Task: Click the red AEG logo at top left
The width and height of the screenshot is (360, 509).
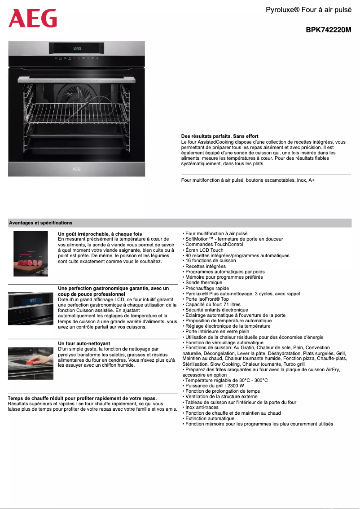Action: point(33,18)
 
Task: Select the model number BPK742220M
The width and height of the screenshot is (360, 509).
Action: point(328,30)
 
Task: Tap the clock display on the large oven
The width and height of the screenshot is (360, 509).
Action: point(77,48)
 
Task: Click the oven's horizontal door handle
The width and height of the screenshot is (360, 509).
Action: point(77,79)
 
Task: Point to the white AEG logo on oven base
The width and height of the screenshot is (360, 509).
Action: point(77,170)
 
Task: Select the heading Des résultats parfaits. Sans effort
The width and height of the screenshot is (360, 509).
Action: point(220,136)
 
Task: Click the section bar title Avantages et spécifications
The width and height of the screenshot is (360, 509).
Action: point(41,223)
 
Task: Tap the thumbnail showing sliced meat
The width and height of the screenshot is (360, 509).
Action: point(31,254)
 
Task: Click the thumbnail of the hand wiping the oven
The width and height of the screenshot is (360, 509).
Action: point(31,360)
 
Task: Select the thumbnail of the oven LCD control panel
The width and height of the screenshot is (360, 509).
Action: point(31,307)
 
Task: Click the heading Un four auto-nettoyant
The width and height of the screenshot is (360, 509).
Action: point(84,343)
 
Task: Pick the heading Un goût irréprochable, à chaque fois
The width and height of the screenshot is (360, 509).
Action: point(100,234)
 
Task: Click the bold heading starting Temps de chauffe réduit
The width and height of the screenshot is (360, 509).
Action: point(83,398)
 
